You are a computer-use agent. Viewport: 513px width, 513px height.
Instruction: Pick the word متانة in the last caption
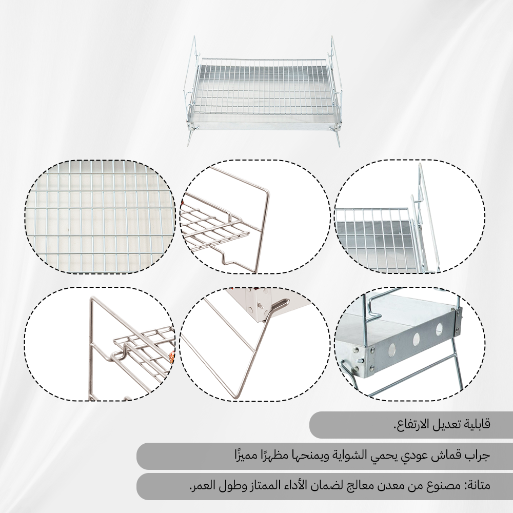click(x=480, y=485)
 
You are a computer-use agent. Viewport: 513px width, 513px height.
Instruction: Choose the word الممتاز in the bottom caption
click(x=266, y=485)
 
